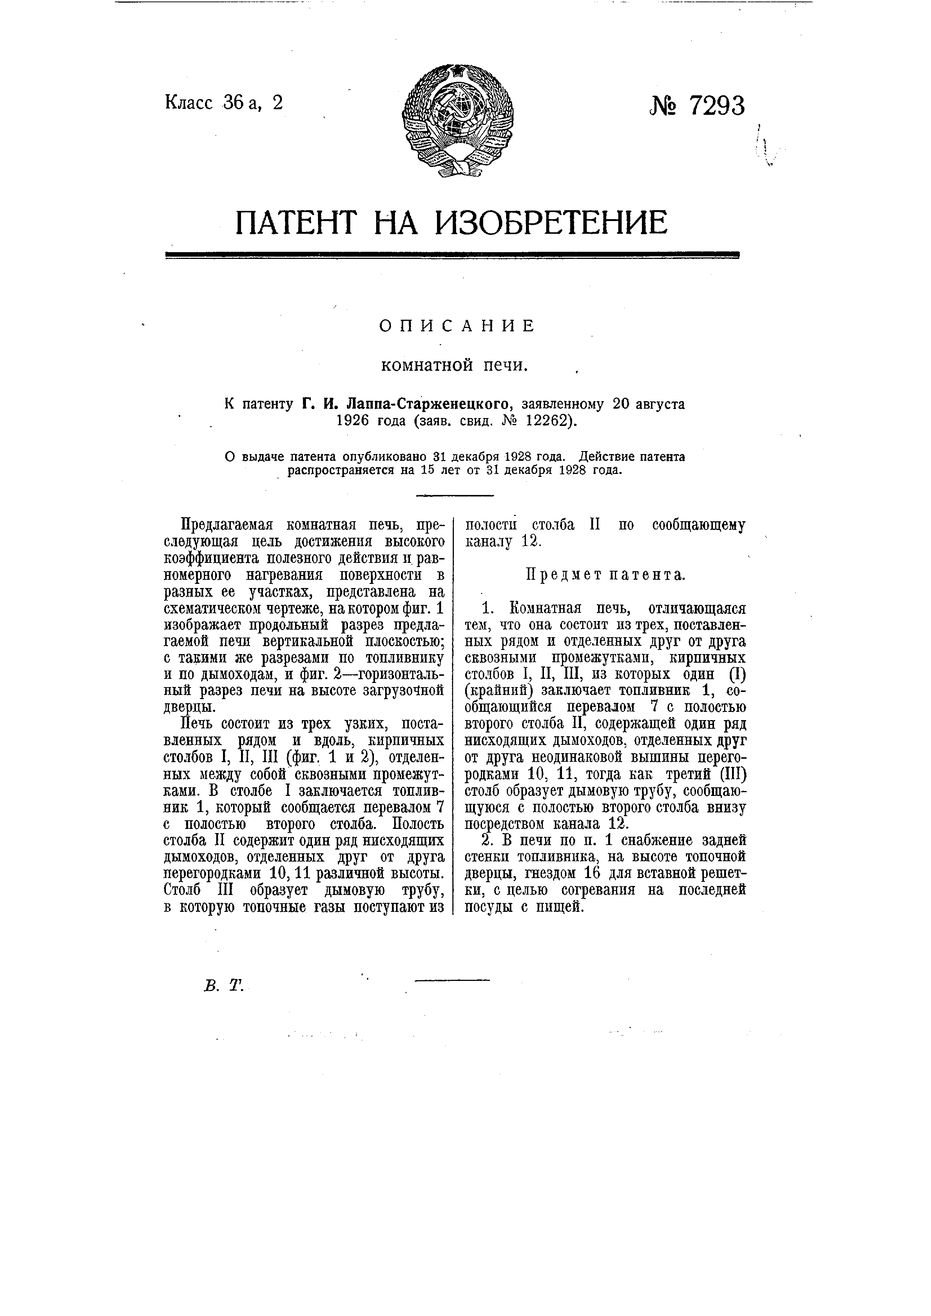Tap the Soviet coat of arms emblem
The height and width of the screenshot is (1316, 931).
coord(458,120)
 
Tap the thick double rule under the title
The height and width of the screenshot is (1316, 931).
coord(452,255)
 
